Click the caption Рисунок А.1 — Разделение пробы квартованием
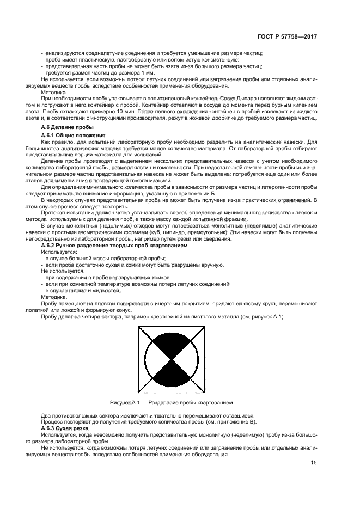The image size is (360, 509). pos(172,403)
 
